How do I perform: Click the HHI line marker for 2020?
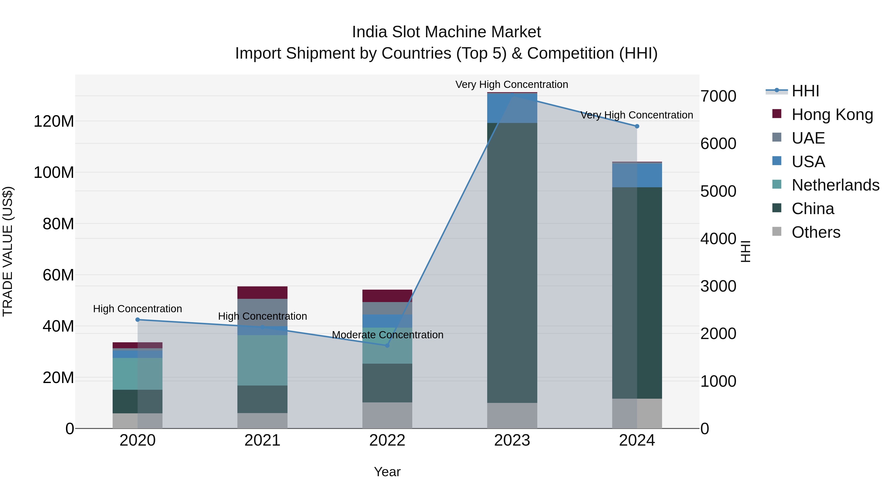[x=138, y=320]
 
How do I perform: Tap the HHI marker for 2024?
[x=637, y=126]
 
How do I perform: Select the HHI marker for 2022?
[x=387, y=346]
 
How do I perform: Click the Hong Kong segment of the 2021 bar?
[x=262, y=293]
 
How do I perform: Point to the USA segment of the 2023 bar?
[x=512, y=108]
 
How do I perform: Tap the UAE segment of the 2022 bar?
[x=387, y=308]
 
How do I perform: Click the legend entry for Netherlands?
[x=835, y=185]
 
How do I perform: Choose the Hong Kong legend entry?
[x=832, y=115]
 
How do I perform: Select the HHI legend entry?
[x=805, y=91]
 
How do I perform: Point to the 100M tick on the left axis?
[x=54, y=173]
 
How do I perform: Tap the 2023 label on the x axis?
[x=512, y=440]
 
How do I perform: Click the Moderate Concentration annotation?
[x=387, y=335]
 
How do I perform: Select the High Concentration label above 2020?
[x=138, y=309]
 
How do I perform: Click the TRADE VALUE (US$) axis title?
[x=8, y=251]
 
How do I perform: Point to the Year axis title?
[x=387, y=472]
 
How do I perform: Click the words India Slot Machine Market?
[x=446, y=32]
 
